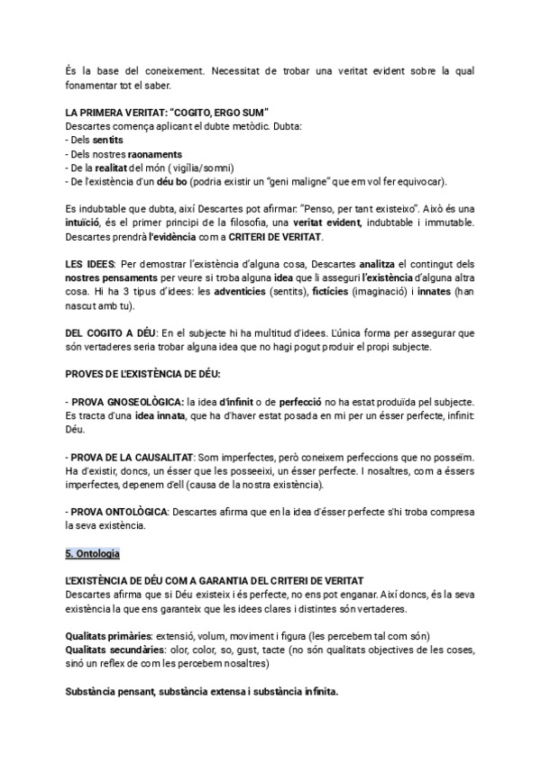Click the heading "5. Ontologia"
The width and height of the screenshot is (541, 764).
point(93,551)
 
